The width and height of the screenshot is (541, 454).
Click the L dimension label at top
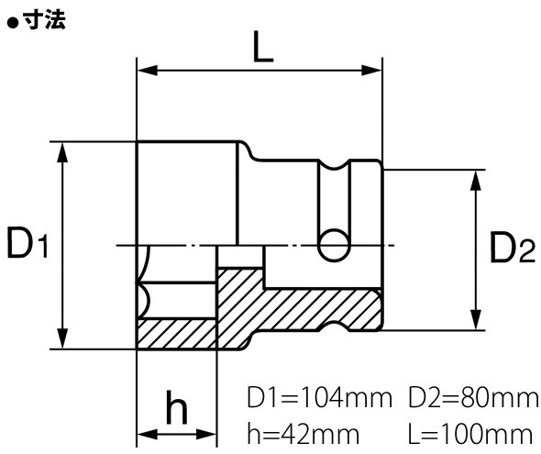point(263,50)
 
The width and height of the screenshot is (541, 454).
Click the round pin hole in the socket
point(333,243)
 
